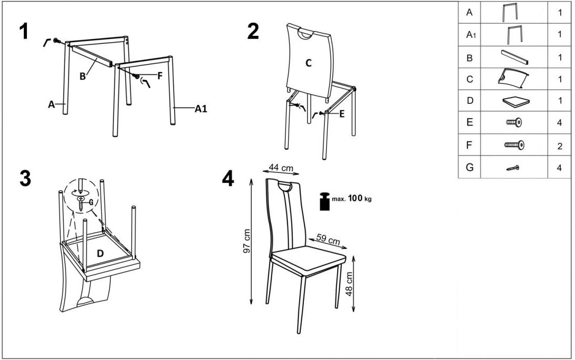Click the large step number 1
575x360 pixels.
click(x=24, y=31)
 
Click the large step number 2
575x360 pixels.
click(x=253, y=31)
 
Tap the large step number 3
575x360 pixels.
click(x=25, y=179)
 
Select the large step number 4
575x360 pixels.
click(x=228, y=179)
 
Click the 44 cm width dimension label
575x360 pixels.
click(x=281, y=168)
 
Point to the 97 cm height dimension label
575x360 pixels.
click(x=247, y=241)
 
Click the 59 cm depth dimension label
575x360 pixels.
click(x=328, y=239)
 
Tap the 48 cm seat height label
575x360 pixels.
click(x=349, y=284)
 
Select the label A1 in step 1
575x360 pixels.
click(x=200, y=109)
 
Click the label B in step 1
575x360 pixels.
click(x=82, y=76)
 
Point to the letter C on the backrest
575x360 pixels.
click(x=309, y=63)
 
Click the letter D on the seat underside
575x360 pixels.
click(x=100, y=253)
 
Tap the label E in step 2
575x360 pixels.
click(x=342, y=114)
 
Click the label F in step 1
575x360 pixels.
click(x=159, y=76)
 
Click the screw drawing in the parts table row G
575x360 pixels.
click(x=513, y=168)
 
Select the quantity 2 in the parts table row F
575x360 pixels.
click(x=560, y=147)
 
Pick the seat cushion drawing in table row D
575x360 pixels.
click(x=516, y=101)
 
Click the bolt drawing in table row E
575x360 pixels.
click(x=514, y=123)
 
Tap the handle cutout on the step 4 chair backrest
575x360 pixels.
click(x=285, y=187)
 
